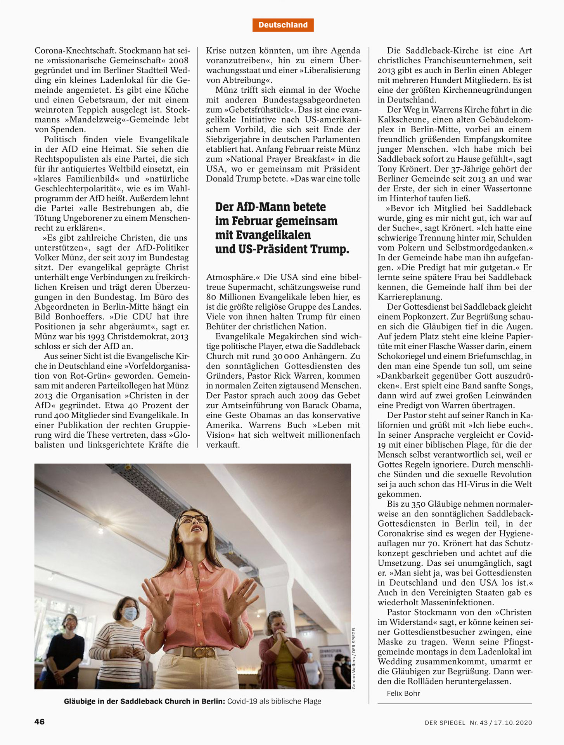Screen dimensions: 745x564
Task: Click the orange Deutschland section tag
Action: (x=283, y=25)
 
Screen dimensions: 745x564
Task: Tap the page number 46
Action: (x=40, y=721)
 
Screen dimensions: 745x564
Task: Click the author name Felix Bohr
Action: (x=403, y=693)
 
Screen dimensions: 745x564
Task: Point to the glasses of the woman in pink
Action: (x=193, y=519)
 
